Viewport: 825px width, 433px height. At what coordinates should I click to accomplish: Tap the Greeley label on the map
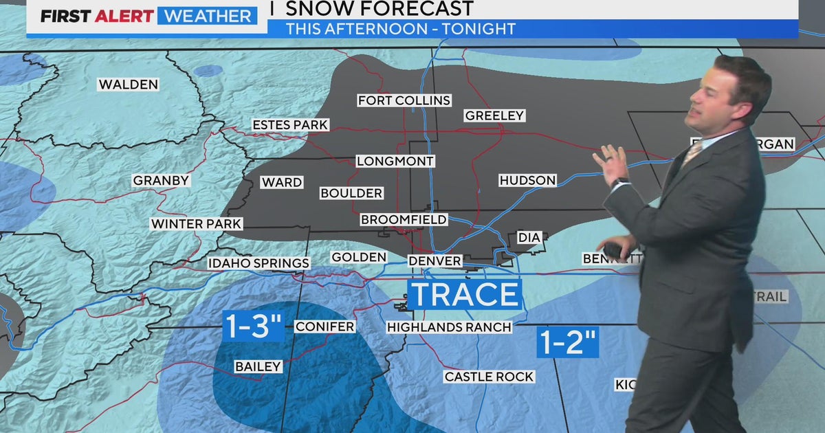click(x=494, y=115)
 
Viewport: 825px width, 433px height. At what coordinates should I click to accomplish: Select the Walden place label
click(x=129, y=85)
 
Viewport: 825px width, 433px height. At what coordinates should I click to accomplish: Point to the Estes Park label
click(x=290, y=124)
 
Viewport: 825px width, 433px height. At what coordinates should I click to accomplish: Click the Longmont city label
click(x=395, y=161)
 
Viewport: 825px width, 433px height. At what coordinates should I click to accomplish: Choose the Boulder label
click(x=351, y=193)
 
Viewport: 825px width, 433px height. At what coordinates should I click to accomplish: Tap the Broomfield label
click(x=404, y=219)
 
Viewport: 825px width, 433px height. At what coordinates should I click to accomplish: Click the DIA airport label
click(x=529, y=237)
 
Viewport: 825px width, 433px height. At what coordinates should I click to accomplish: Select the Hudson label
click(x=527, y=180)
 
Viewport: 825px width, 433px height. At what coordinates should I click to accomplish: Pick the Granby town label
click(x=161, y=180)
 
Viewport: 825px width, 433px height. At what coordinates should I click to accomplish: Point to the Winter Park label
click(x=197, y=223)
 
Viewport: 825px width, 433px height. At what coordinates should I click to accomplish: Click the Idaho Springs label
click(x=259, y=263)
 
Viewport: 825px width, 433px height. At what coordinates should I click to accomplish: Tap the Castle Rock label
click(x=489, y=376)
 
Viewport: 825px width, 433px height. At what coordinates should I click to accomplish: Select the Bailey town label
click(x=258, y=366)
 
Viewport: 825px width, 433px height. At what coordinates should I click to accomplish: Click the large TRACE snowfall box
click(x=465, y=294)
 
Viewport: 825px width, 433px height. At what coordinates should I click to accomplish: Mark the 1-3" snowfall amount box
click(x=253, y=326)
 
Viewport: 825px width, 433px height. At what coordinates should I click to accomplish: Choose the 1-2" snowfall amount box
click(x=567, y=342)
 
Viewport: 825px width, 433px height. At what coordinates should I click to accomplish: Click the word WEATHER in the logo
click(x=207, y=16)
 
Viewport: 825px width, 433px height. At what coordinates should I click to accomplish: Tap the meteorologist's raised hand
click(x=608, y=164)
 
